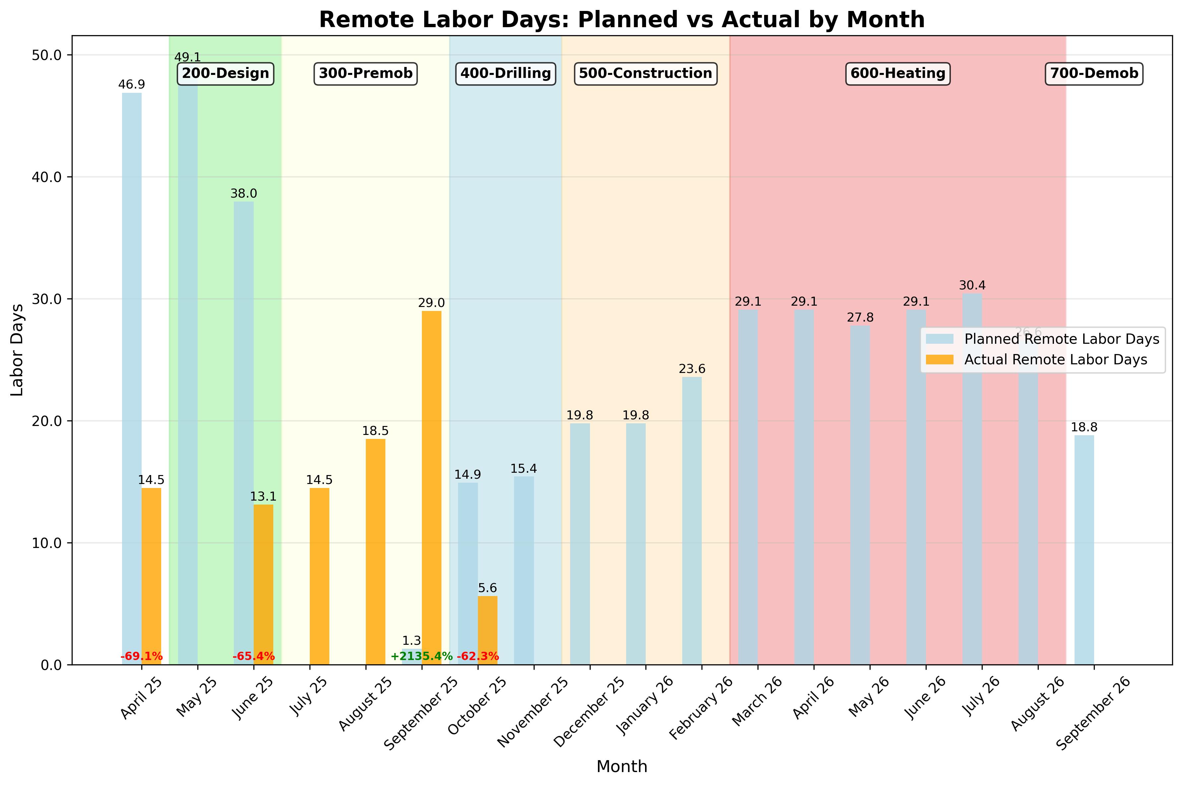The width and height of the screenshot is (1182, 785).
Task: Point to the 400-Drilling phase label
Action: coord(505,74)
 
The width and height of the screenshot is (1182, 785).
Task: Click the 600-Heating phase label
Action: coord(897,74)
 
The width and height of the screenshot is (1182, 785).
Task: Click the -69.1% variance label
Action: coord(142,656)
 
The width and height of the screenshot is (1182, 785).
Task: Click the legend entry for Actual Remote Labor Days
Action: coord(1055,360)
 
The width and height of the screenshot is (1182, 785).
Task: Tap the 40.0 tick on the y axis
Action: coord(46,177)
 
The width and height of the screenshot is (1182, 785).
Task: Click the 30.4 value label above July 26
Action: coord(972,285)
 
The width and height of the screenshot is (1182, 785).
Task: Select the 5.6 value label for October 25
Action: coord(487,588)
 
